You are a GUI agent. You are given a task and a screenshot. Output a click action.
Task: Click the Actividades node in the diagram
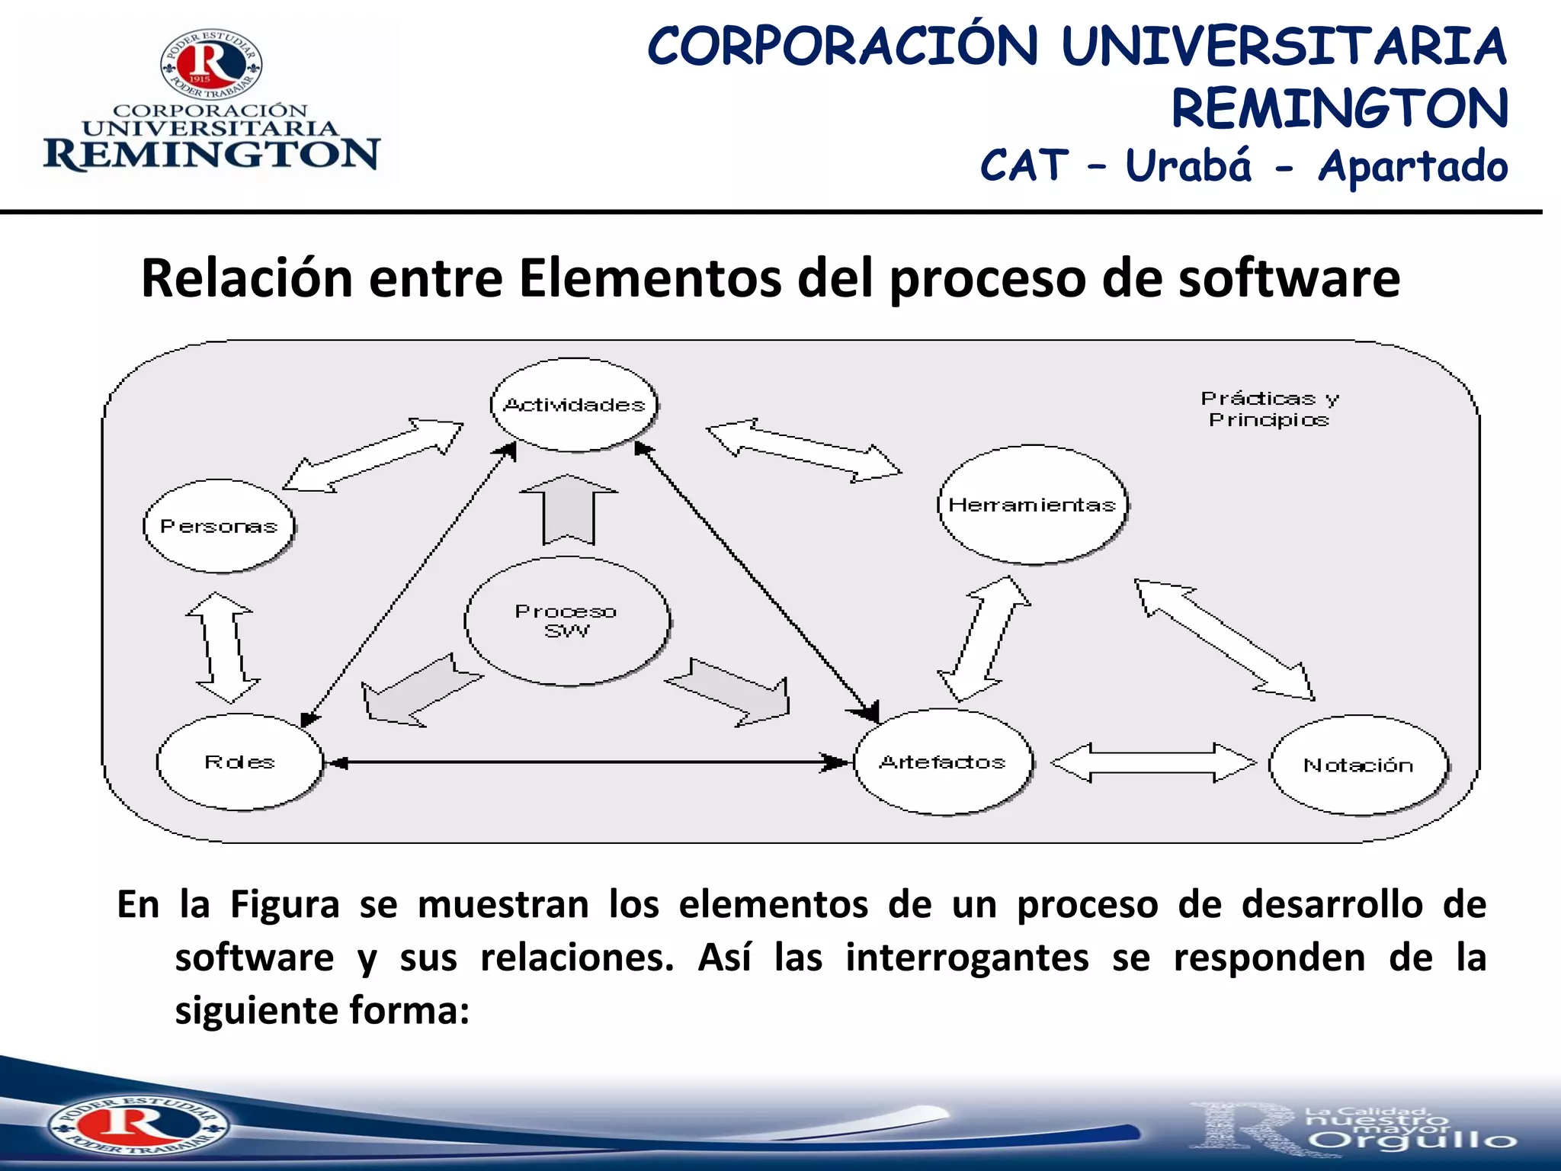coord(574,405)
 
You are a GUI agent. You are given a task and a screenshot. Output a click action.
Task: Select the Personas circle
coord(219,526)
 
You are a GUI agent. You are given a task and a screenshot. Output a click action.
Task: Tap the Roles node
coord(239,762)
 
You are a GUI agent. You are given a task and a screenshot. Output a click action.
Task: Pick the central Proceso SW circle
coord(567,621)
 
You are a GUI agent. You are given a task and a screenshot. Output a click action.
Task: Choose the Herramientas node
coord(1032,505)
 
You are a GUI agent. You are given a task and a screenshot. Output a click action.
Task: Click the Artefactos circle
coord(943,762)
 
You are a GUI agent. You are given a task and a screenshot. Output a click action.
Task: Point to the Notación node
coord(1358,765)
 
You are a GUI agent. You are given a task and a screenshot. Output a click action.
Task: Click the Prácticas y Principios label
coord(1269,409)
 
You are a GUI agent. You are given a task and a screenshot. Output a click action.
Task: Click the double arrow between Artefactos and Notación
coord(1152,762)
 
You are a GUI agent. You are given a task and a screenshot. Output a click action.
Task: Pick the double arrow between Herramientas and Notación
coord(1224,639)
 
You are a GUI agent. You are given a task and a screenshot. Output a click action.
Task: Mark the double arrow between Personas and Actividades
coord(373,455)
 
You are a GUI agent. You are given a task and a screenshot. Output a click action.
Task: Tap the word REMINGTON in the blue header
coord(1339,108)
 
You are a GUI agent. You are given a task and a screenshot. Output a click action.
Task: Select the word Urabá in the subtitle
coord(1188,165)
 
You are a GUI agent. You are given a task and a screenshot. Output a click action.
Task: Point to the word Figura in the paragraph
coord(285,905)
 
